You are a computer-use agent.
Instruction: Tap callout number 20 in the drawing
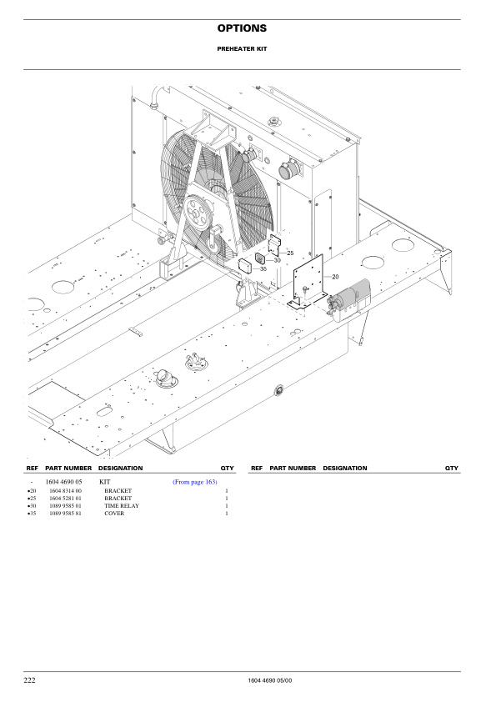click(335, 276)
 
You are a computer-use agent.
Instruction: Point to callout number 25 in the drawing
click(290, 251)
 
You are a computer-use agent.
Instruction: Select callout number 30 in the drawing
click(277, 261)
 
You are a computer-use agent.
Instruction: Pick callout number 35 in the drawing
click(263, 269)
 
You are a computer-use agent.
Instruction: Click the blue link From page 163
click(194, 483)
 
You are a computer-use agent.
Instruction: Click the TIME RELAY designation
click(122, 506)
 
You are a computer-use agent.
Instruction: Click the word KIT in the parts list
click(105, 483)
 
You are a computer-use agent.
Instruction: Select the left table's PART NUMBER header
click(68, 469)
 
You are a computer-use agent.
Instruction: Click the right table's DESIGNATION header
click(344, 469)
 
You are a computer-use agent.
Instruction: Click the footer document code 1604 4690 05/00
click(270, 682)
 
